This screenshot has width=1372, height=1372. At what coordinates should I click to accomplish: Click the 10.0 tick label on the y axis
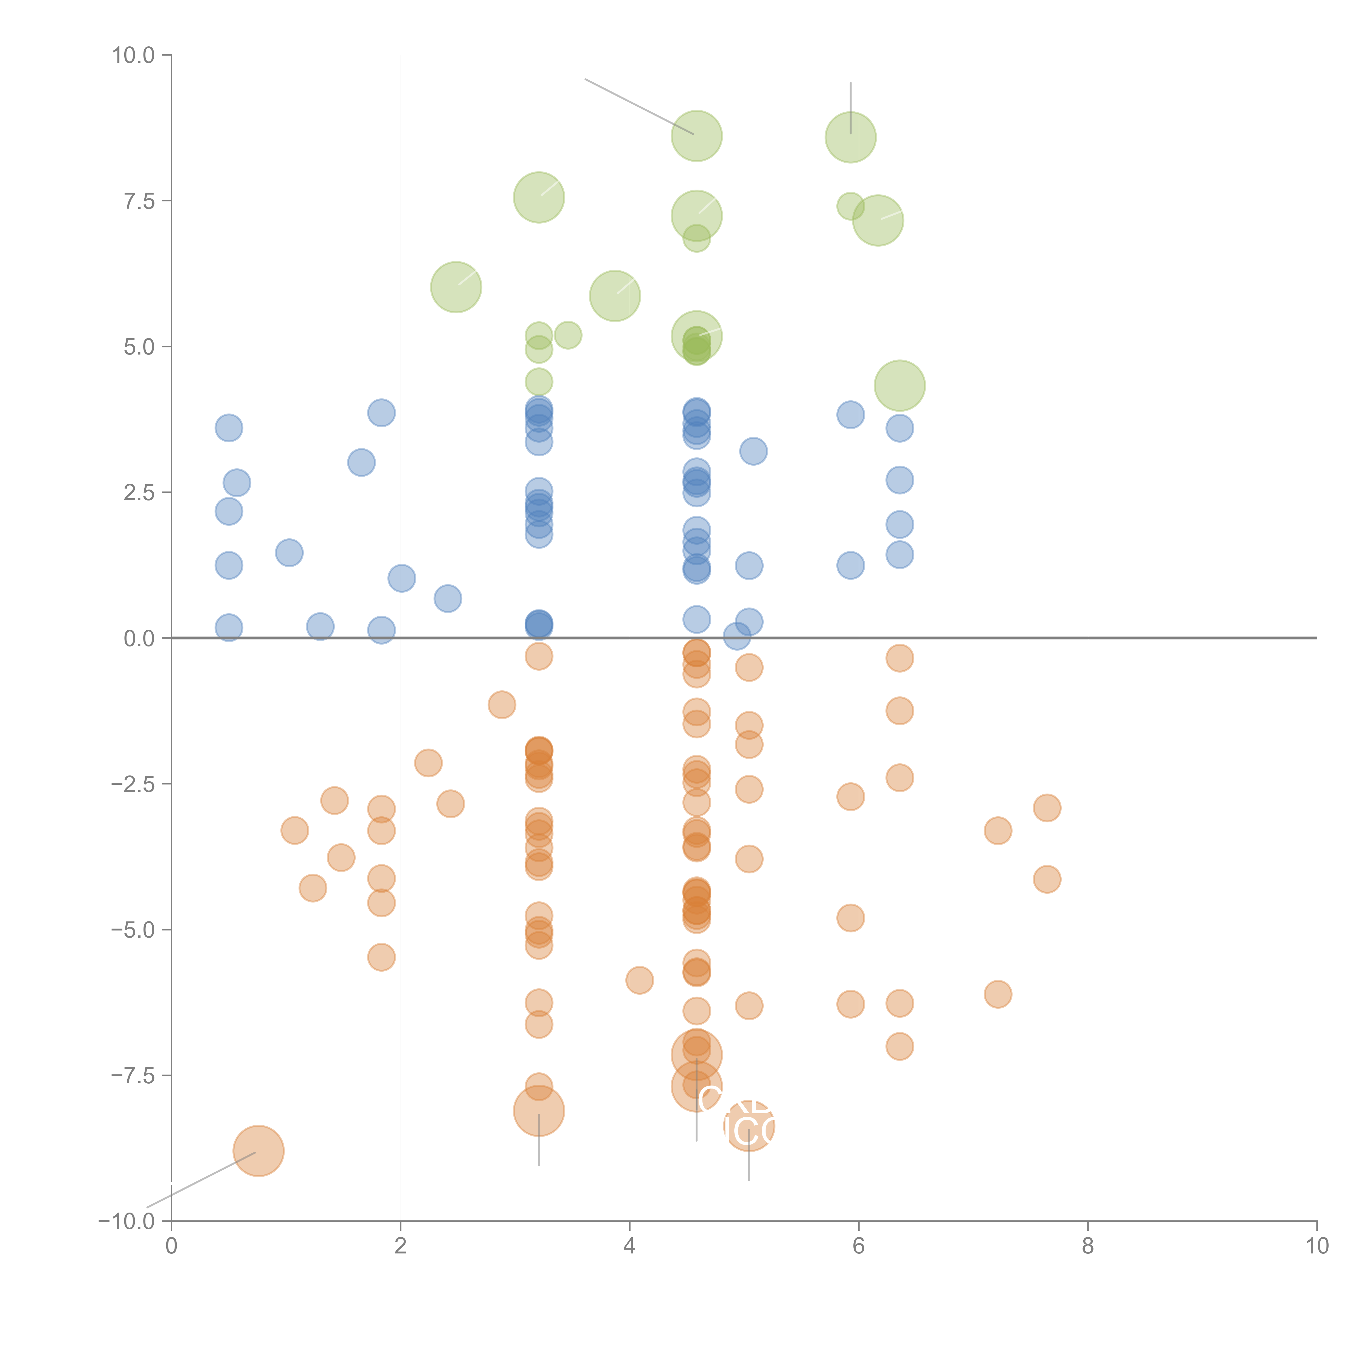click(x=134, y=55)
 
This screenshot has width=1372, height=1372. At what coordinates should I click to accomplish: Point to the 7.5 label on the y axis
click(x=139, y=201)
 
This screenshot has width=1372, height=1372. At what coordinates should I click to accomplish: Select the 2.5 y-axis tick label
click(x=139, y=493)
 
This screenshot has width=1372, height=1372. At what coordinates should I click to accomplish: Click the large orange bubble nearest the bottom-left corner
click(x=258, y=1151)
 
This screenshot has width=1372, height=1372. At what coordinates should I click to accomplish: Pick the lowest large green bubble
click(x=900, y=386)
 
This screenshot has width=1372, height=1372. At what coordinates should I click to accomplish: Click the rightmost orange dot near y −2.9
click(x=1047, y=808)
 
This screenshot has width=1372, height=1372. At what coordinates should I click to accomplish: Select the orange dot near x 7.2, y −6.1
click(x=998, y=994)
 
